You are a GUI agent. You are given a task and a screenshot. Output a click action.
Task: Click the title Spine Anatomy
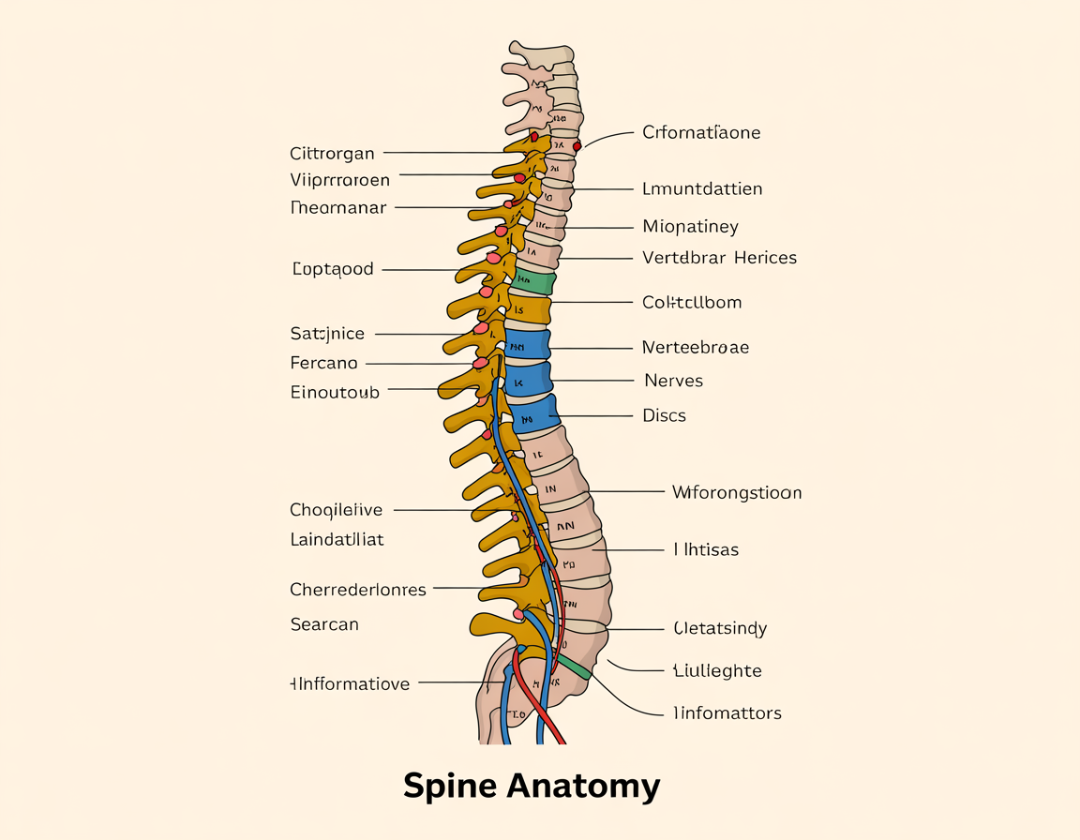(x=532, y=786)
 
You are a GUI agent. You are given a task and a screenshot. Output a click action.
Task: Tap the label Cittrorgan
(x=332, y=154)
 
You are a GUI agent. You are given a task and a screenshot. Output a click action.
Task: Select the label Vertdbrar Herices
(x=719, y=258)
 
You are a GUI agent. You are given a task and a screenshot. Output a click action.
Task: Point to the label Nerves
(x=673, y=381)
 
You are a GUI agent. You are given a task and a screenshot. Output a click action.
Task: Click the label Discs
(x=664, y=415)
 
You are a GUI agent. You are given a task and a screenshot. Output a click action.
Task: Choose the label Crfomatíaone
(x=701, y=133)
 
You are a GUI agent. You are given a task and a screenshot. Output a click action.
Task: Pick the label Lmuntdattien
(x=702, y=189)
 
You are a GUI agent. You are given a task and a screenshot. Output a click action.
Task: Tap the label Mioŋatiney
(x=690, y=227)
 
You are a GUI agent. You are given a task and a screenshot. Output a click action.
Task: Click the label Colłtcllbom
(x=692, y=303)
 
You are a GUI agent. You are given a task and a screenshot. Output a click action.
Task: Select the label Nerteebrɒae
(x=695, y=348)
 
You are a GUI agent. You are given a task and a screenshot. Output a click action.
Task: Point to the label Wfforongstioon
(x=736, y=492)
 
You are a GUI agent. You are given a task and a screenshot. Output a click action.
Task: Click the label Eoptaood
(x=333, y=270)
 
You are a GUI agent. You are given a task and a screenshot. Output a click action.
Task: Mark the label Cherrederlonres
(x=358, y=591)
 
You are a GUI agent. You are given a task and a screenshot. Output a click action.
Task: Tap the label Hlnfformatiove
(x=350, y=684)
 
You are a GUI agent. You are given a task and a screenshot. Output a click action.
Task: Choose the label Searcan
(x=324, y=624)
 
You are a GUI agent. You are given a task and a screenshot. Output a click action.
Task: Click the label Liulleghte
(x=717, y=671)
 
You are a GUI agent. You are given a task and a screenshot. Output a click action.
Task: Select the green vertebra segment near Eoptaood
(x=535, y=281)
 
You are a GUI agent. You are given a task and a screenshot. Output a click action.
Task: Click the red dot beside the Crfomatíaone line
(x=577, y=145)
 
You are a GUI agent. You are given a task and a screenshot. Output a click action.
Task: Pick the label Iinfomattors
(x=727, y=713)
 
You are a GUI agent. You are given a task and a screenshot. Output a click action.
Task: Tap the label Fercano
(x=323, y=363)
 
